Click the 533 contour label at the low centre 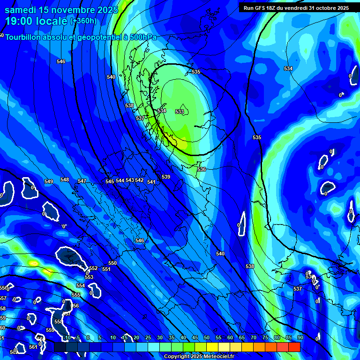click(180, 112)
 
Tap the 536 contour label click(202, 169)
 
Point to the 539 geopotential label click(166, 177)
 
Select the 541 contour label click(151, 182)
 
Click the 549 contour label click(49, 181)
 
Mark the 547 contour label click(82, 181)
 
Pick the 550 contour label click(112, 263)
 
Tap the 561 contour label click(33, 347)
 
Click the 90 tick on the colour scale click(300, 337)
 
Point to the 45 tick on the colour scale click(195, 337)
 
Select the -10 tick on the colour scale click(67, 337)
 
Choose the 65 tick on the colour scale click(242, 337)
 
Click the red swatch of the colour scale click(294, 347)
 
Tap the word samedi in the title click(19, 9)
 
